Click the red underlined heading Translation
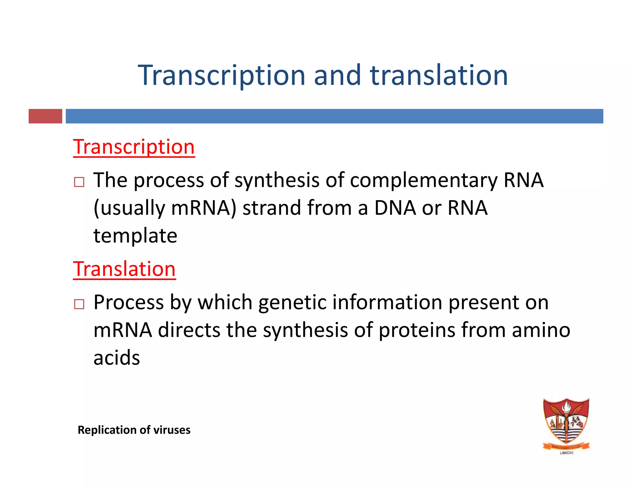tap(124, 269)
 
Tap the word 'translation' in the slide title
tap(439, 75)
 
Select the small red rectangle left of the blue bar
tap(45, 116)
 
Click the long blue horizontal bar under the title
tap(334, 116)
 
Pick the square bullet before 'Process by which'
tap(79, 304)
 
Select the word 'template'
tap(135, 236)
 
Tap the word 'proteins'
tap(417, 330)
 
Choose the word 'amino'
tap(541, 330)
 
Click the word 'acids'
tap(117, 358)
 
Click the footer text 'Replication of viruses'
tap(134, 430)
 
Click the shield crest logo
tap(566, 423)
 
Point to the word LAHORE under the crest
tap(567, 453)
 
